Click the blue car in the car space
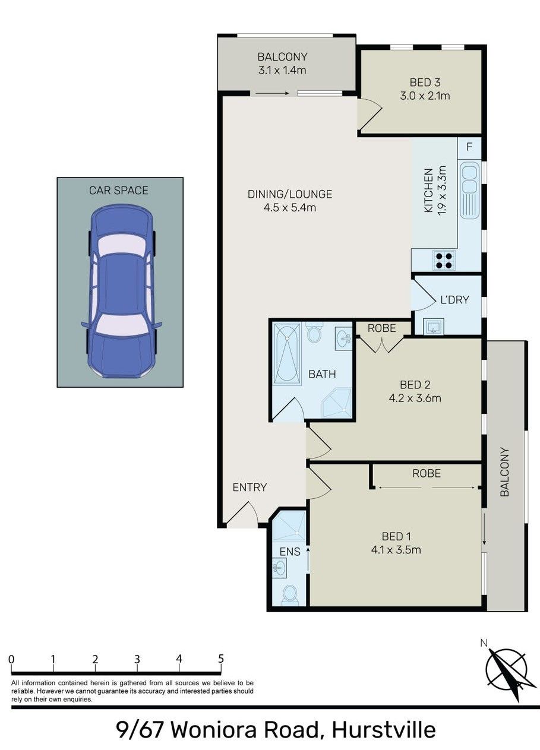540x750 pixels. pyautogui.click(x=121, y=292)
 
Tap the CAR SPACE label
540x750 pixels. pyautogui.click(x=119, y=191)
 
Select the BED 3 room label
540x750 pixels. pyautogui.click(x=425, y=83)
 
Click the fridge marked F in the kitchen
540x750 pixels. pyautogui.click(x=470, y=148)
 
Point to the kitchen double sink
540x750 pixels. pyautogui.click(x=470, y=190)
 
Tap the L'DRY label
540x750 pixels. pyautogui.click(x=454, y=300)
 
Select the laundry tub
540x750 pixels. pyautogui.click(x=434, y=327)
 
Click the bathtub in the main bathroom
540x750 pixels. pyautogui.click(x=287, y=353)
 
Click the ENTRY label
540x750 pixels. pyautogui.click(x=250, y=487)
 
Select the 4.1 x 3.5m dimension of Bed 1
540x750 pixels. pyautogui.click(x=396, y=549)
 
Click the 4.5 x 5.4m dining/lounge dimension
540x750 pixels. pyautogui.click(x=290, y=208)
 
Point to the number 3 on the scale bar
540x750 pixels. pyautogui.click(x=137, y=659)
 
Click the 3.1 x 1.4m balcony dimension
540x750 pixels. pyautogui.click(x=282, y=70)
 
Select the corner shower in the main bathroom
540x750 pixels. pyautogui.click(x=337, y=403)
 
